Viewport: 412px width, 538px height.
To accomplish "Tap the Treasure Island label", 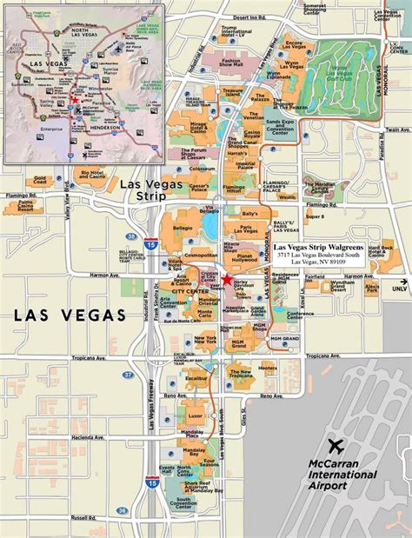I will [x=230, y=93].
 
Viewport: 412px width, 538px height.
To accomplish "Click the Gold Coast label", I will [x=40, y=180].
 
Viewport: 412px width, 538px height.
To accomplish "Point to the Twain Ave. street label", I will [x=395, y=129].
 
